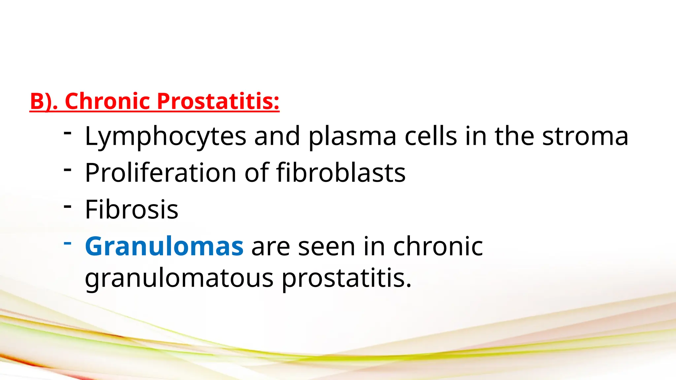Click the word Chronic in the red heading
click(x=108, y=101)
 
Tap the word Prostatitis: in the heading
click(x=218, y=101)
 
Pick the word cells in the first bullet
click(x=431, y=136)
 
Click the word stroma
click(x=585, y=136)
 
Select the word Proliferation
click(x=160, y=173)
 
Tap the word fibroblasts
click(x=341, y=173)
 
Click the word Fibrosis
click(x=131, y=209)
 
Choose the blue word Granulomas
click(x=164, y=246)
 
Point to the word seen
click(x=326, y=246)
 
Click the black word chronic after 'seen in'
click(x=438, y=246)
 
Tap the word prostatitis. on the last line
click(x=347, y=278)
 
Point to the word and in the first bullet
click(x=277, y=136)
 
